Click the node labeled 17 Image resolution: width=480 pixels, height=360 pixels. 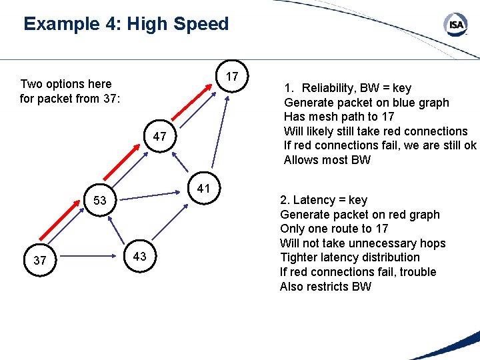(x=232, y=77)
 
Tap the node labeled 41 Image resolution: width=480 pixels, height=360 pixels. (x=205, y=189)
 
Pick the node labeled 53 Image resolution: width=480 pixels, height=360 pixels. (x=100, y=200)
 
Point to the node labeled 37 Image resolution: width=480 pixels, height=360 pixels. (x=40, y=260)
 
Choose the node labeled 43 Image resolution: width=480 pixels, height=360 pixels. (x=140, y=257)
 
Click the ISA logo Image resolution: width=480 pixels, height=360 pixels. (x=457, y=25)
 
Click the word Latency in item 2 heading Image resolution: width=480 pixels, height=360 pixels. (x=315, y=200)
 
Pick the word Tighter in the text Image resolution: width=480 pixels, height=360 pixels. (x=301, y=257)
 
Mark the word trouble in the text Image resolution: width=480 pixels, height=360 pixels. (x=416, y=272)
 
